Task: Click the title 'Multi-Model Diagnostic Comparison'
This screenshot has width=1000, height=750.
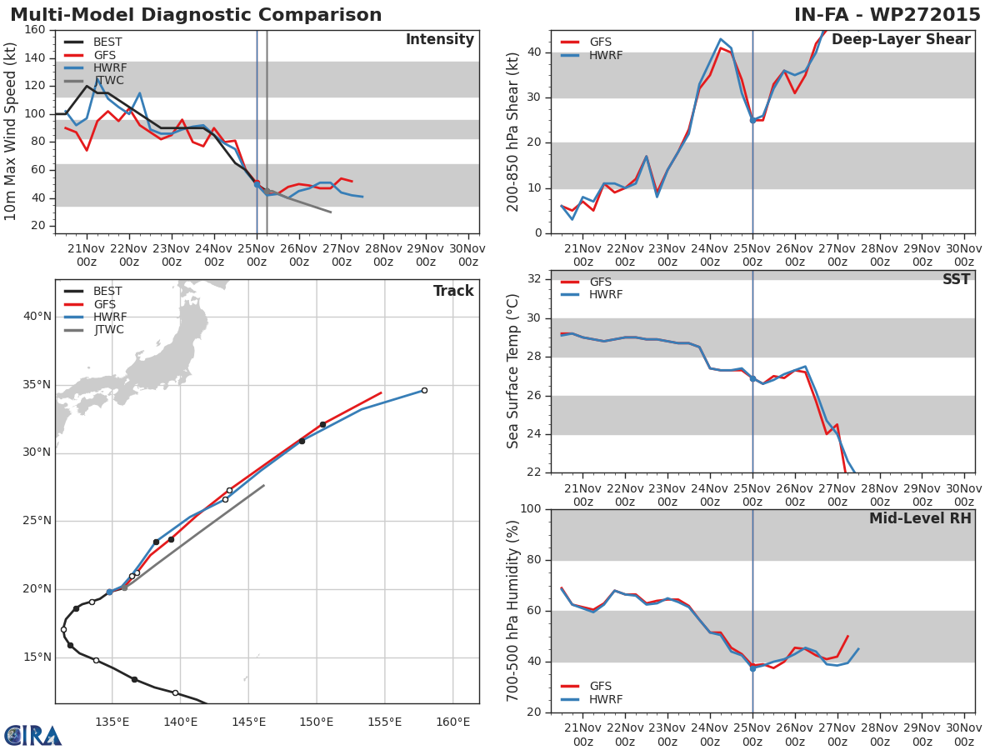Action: coord(196,15)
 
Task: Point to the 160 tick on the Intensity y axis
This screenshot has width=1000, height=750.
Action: coord(35,30)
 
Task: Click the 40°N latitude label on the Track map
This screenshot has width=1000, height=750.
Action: coord(37,317)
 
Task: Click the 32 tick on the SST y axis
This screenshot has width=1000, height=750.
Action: coord(534,279)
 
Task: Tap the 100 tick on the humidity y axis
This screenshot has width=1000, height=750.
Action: coord(530,509)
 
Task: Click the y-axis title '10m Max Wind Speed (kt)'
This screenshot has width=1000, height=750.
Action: coord(11,132)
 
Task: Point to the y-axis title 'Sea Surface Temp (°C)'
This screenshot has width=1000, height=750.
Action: coord(513,372)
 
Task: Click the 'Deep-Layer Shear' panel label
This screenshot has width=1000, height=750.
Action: coord(901,40)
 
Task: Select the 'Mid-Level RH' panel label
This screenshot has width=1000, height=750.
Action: coord(920,519)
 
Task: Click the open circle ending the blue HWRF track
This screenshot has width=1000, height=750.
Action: coord(424,390)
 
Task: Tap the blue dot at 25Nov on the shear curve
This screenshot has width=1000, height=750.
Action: coord(752,120)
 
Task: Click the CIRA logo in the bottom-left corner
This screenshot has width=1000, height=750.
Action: coord(33,735)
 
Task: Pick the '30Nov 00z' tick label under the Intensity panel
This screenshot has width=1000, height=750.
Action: coord(468,255)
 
